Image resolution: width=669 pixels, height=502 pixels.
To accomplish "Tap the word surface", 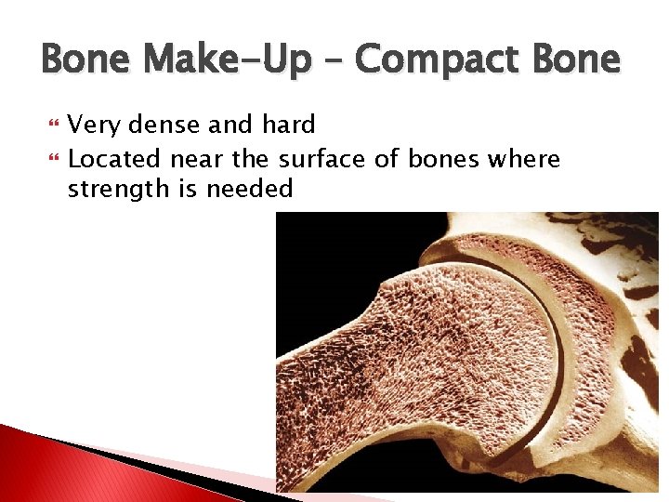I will point(322,160).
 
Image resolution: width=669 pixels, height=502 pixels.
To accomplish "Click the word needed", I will point(251,191).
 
